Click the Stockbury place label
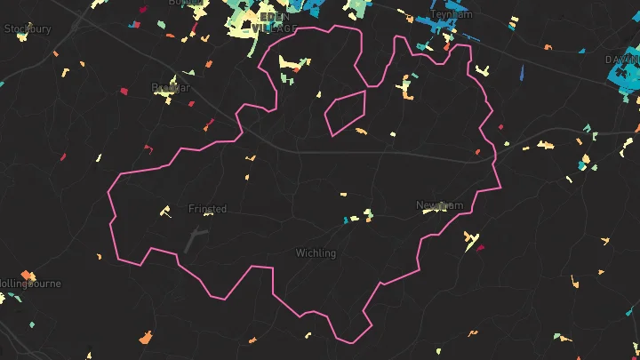pyautogui.click(x=28, y=28)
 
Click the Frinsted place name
pyautogui.click(x=207, y=209)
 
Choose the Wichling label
pyautogui.click(x=316, y=253)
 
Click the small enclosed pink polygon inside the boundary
pyautogui.click(x=345, y=112)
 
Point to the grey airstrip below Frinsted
pyautogui.click(x=195, y=238)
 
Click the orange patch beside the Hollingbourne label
pyautogui.click(x=28, y=274)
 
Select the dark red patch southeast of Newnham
pyautogui.click(x=480, y=248)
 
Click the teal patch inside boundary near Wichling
pyautogui.click(x=346, y=220)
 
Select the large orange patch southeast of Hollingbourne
pyautogui.click(x=146, y=338)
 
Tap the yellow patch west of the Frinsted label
pyautogui.click(x=164, y=212)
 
